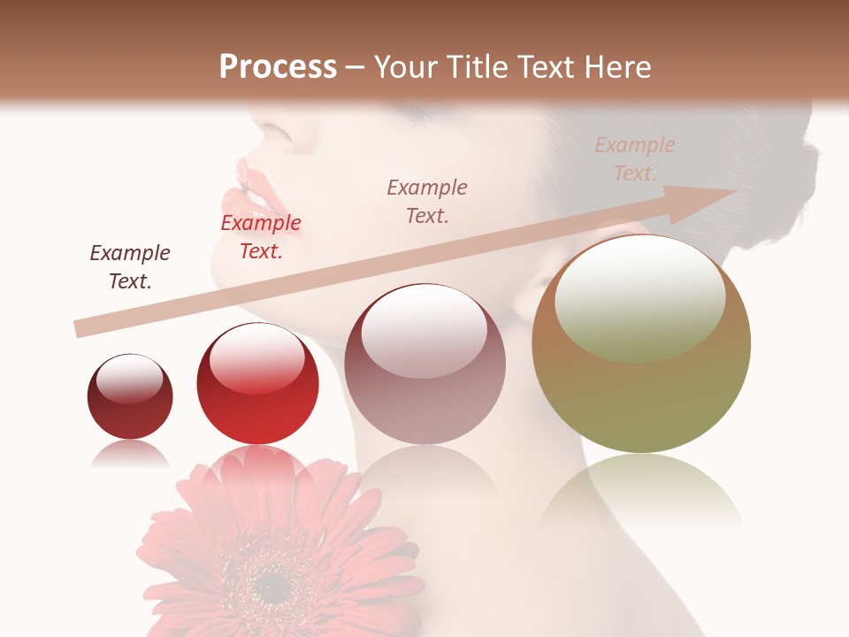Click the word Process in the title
pyautogui.click(x=278, y=67)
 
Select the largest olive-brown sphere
pyautogui.click(x=641, y=354)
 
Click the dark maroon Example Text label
pyautogui.click(x=130, y=267)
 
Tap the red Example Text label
pyautogui.click(x=261, y=237)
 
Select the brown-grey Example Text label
pyautogui.click(x=427, y=201)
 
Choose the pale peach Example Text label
pyautogui.click(x=635, y=158)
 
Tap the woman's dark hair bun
pyautogui.click(x=778, y=177)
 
